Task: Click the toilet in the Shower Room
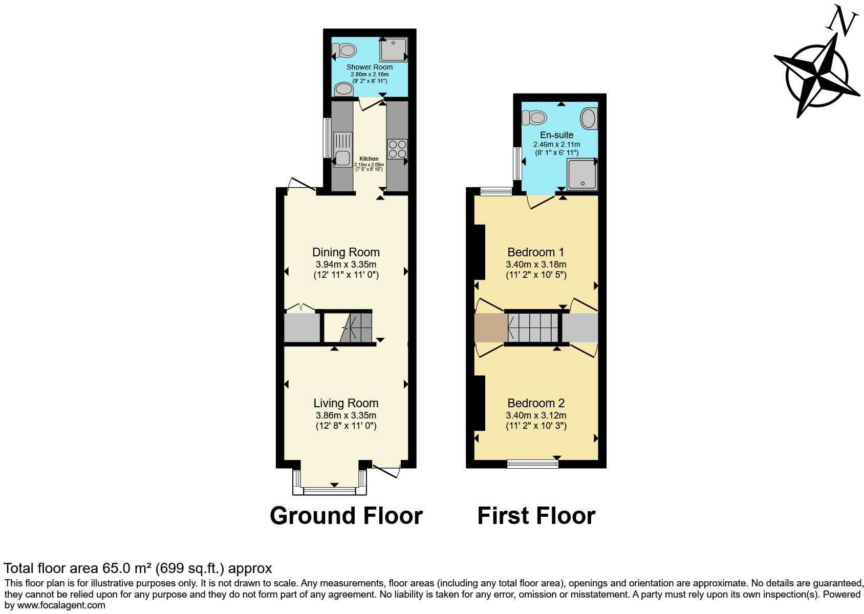point(345,50)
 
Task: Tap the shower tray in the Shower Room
point(394,49)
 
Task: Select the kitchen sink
point(342,149)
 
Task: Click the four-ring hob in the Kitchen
point(397,149)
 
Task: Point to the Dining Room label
point(346,252)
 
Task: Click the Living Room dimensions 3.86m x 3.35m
point(346,415)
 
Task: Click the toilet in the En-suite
point(534,118)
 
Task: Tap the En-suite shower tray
point(581,174)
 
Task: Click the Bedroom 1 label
point(535,252)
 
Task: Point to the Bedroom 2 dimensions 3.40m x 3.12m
point(536,415)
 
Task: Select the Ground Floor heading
point(346,516)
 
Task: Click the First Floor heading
point(536,516)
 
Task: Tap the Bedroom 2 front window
point(532,464)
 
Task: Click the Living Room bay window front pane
point(329,491)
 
